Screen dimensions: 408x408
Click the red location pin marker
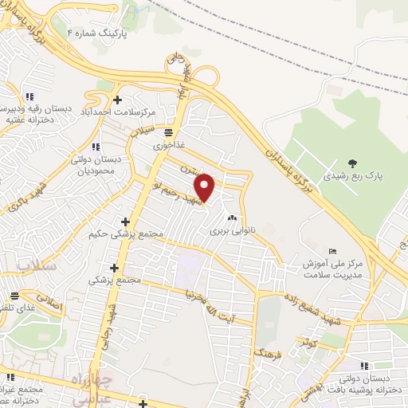pos(206,186)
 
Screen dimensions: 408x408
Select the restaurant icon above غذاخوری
pos(168,131)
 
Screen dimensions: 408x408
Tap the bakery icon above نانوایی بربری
pos(233,218)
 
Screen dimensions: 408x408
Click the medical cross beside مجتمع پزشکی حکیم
pos(124,221)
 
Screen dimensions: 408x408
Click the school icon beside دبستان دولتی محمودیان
pos(96,147)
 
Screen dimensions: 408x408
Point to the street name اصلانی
pos(49,303)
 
